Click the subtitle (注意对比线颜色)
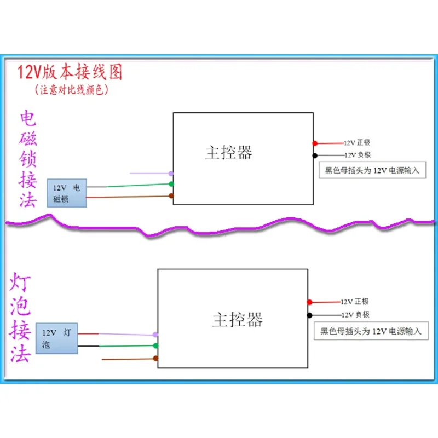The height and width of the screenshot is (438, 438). [72, 88]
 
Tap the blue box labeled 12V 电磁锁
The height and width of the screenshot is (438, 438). [67, 194]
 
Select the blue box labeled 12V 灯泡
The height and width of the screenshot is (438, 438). [57, 338]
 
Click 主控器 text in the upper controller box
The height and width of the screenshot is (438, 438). [229, 152]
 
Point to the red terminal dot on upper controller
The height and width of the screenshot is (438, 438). [315, 143]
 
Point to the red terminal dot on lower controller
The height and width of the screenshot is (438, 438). [309, 302]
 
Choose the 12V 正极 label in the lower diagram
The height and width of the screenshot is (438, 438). [355, 302]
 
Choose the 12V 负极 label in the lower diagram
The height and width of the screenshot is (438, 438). [355, 315]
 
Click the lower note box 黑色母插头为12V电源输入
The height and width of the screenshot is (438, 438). [371, 331]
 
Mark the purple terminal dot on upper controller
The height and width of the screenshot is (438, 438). [171, 174]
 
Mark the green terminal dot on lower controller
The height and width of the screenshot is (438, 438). [155, 346]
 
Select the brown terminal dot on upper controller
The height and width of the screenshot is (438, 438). [171, 195]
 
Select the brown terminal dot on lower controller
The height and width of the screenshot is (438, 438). [156, 359]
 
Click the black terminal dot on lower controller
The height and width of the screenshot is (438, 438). [309, 315]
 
